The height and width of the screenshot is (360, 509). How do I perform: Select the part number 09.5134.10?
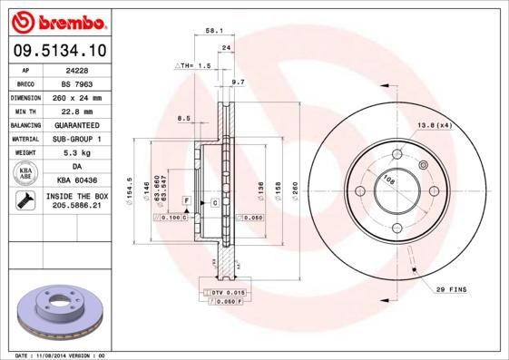(x=55, y=52)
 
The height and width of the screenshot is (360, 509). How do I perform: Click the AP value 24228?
(x=77, y=69)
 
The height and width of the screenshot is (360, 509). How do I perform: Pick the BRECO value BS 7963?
(x=77, y=83)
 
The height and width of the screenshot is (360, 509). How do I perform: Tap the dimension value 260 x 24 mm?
(x=77, y=96)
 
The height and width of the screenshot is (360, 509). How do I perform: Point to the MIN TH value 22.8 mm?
(x=77, y=111)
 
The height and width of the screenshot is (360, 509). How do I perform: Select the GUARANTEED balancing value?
(x=77, y=124)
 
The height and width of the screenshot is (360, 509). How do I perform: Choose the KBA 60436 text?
(x=77, y=181)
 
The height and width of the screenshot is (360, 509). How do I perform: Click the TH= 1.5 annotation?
(x=193, y=66)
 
